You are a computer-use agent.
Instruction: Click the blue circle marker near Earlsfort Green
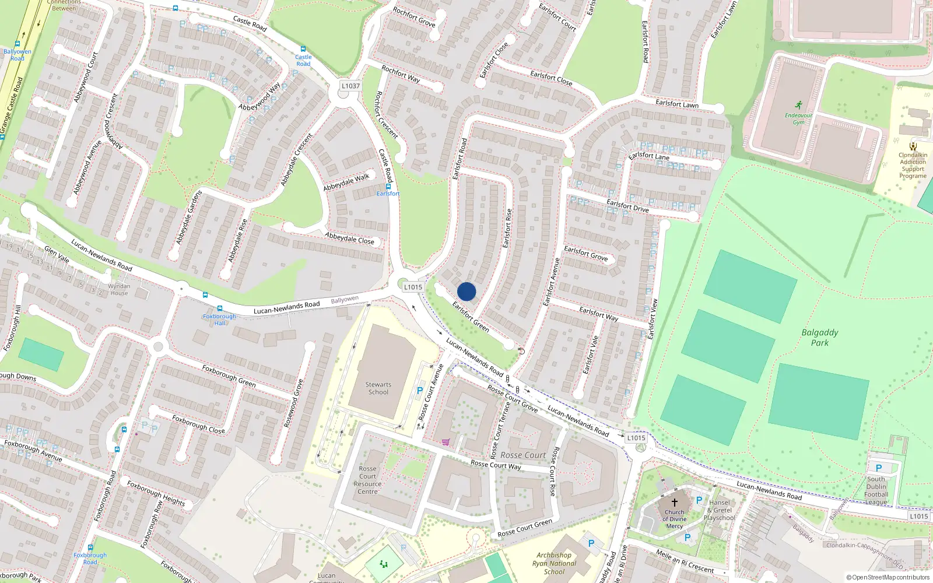point(466,291)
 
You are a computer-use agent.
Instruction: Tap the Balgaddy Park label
point(819,338)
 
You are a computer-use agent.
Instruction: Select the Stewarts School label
point(378,388)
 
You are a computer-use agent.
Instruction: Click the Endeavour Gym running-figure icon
point(798,105)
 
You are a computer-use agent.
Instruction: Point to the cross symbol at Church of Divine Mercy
point(675,502)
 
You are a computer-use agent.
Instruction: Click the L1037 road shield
point(350,86)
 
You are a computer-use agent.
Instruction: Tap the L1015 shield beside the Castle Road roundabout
point(413,287)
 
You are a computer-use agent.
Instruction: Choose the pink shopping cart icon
point(446,442)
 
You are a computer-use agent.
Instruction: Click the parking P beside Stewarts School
point(419,391)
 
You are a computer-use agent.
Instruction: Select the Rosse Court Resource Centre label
point(367,480)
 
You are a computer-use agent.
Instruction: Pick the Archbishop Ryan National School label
point(554,563)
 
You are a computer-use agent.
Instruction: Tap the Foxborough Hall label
point(219,319)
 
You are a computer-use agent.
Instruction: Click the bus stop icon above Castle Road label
point(303,49)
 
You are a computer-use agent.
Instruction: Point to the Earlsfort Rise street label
point(507,228)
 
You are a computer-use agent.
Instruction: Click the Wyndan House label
point(119,290)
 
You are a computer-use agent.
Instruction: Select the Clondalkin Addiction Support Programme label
point(913,165)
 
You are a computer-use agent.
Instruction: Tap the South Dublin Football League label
point(876,490)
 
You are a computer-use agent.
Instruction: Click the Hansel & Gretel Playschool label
point(719,510)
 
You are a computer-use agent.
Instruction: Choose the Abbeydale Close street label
point(350,238)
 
